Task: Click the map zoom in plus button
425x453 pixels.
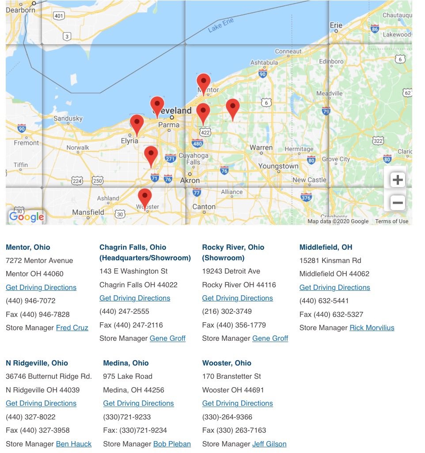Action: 398,180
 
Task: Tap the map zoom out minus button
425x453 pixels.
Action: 398,203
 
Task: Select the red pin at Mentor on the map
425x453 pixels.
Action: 203,82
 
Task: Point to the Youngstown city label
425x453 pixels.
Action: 278,166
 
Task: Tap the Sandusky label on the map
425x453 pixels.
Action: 68,118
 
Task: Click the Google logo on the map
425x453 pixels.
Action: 27,217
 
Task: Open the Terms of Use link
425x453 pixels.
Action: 391,221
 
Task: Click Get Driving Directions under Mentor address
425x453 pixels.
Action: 41,287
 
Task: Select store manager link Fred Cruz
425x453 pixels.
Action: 72,327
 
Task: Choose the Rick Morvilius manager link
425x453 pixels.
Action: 372,327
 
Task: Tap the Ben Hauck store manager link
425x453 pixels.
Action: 74,444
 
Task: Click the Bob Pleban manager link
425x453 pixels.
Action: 172,444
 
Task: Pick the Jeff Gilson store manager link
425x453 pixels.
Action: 269,444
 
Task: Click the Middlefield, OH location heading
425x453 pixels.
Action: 326,247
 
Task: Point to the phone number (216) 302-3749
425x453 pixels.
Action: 227,311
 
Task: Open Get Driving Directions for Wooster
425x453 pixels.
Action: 237,403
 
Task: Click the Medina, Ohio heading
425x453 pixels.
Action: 125,363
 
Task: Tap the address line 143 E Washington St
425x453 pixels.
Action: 133,271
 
